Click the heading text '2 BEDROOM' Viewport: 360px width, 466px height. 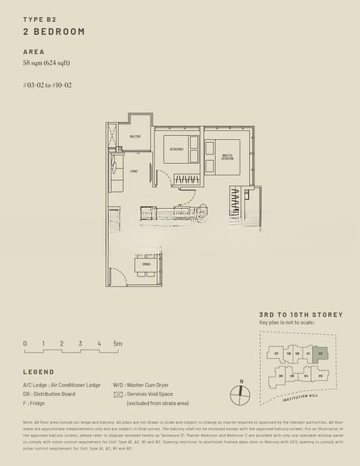[54, 31]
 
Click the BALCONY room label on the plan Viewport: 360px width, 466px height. [135, 136]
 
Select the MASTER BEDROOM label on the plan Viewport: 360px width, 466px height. [227, 157]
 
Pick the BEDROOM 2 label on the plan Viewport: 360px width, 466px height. [178, 148]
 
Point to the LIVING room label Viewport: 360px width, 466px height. [134, 171]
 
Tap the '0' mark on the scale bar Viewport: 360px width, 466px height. [25, 343]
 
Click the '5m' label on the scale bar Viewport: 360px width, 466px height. [117, 343]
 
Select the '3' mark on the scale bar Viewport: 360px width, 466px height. [80, 343]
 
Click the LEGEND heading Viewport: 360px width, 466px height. [39, 372]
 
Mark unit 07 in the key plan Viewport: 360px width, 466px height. [276, 353]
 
